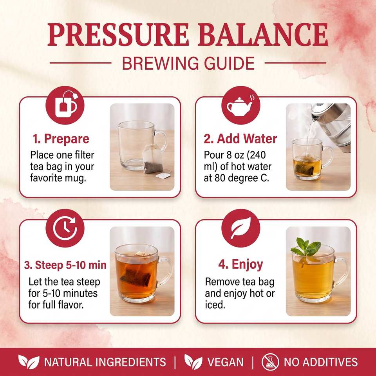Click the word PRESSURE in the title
tap(118, 34)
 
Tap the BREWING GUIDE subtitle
tap(188, 63)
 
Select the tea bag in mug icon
tap(65, 105)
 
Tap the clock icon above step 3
tap(65, 228)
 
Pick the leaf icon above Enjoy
tap(241, 228)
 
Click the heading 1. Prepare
tap(61, 139)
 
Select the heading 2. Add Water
tap(240, 139)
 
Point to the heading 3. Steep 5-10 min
tap(65, 265)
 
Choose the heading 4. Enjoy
tap(240, 264)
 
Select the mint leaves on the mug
tap(306, 247)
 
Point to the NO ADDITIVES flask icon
tap(270, 362)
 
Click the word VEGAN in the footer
tap(225, 362)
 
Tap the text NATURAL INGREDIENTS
tap(105, 362)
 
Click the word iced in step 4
tap(215, 305)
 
